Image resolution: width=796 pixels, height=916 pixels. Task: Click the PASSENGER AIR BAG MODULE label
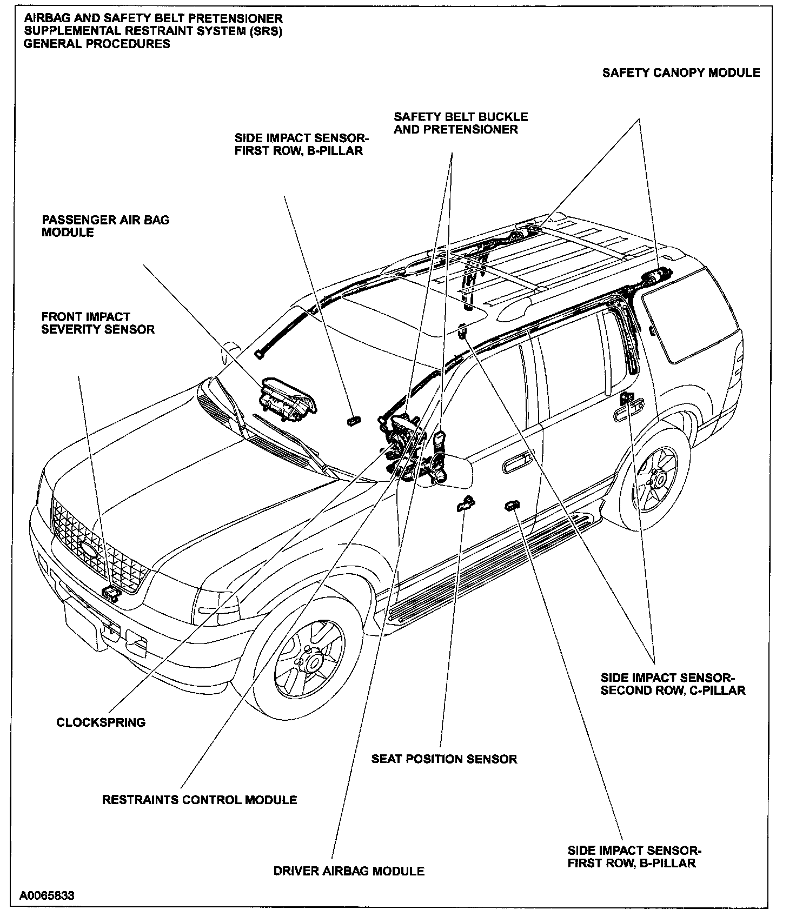click(x=105, y=226)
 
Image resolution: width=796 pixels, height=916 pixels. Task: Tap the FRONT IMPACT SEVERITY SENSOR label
click(x=98, y=323)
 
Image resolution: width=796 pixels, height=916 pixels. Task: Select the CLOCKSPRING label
click(x=101, y=722)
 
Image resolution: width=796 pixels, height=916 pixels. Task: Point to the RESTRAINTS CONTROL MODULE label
click(x=200, y=800)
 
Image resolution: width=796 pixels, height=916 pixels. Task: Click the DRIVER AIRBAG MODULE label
click(x=349, y=871)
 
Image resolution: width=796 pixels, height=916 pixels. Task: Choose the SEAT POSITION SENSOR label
click(x=444, y=759)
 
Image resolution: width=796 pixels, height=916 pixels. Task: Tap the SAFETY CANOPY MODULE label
click(x=681, y=72)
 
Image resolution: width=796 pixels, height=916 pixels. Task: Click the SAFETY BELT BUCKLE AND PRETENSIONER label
click(x=461, y=123)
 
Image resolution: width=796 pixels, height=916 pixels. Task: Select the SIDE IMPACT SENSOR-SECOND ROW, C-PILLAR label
click(x=673, y=684)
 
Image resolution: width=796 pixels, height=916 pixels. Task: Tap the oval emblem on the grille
click(x=88, y=548)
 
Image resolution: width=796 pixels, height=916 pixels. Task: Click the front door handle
click(x=517, y=464)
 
